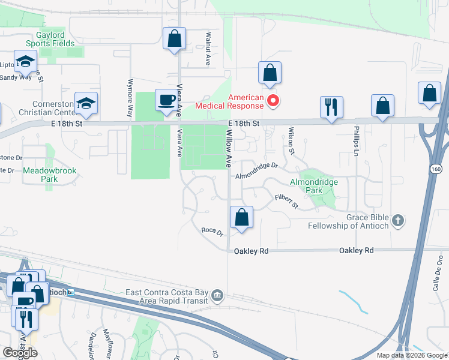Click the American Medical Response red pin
coord(273,100)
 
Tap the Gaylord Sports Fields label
coord(50,40)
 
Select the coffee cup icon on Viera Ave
coord(166,100)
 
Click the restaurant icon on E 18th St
coord(331,107)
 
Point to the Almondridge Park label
coord(314,185)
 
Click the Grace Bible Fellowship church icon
coord(397,221)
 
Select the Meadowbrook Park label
coord(50,175)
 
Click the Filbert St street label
coord(286,201)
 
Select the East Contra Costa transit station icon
coord(217,294)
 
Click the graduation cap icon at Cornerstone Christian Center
coord(86,103)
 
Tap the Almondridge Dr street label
coord(257,170)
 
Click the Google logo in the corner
coord(20,353)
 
